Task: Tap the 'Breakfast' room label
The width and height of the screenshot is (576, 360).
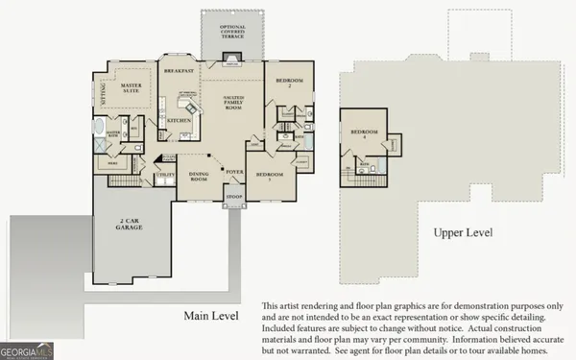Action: (x=180, y=71)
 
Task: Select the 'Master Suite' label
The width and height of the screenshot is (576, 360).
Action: (x=132, y=89)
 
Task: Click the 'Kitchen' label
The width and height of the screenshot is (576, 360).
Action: (x=180, y=121)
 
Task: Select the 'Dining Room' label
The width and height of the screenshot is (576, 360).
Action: (x=198, y=176)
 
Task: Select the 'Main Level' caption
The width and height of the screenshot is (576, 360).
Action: (x=212, y=315)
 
